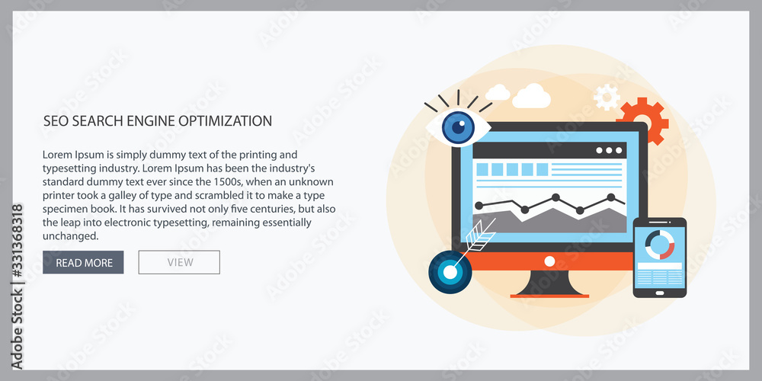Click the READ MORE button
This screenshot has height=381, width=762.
point(83,262)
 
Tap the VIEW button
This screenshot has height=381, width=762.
point(179,262)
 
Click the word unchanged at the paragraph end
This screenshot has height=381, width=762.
point(70,237)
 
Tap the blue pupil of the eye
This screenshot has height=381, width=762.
point(458,127)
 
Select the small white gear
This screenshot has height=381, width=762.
point(607,97)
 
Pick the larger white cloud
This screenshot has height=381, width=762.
point(532,96)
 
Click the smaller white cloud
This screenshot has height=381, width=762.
point(498,92)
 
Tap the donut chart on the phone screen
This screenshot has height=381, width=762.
point(659,245)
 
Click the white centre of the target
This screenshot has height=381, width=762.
point(450,273)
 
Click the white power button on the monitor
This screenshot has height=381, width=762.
point(549,261)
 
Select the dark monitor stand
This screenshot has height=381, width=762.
point(549,283)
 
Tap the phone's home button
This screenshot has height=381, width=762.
point(659,293)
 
